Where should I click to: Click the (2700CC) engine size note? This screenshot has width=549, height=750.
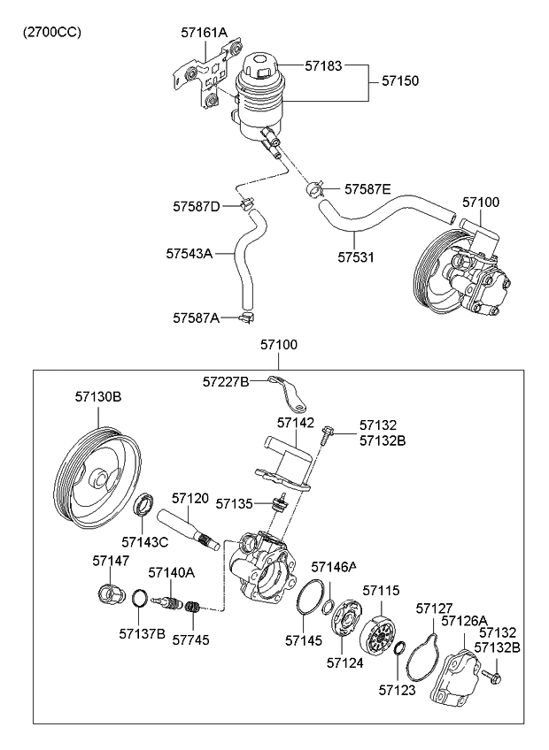52,33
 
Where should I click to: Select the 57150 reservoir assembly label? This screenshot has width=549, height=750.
400,80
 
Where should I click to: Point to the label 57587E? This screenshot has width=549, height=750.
367,188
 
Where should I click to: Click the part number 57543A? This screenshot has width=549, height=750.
188,254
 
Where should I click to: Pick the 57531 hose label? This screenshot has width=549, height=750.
355,258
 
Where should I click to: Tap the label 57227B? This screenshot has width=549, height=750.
226,381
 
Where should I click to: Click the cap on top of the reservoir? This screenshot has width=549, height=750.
264,66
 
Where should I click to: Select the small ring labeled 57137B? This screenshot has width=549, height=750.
140,600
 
